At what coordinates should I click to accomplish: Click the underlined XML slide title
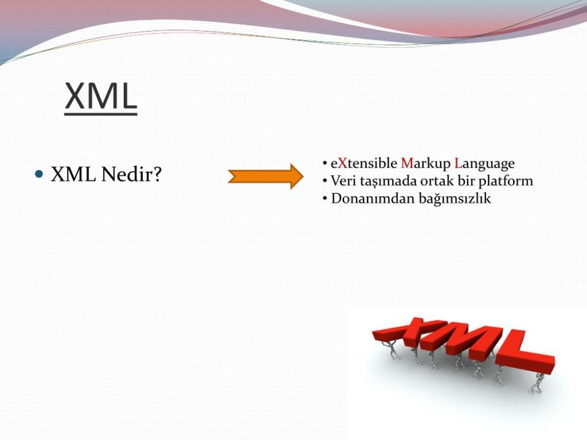point(101,97)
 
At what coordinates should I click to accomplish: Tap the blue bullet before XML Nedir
point(39,174)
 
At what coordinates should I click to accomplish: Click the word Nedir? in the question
point(131,174)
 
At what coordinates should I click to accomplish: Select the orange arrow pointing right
point(265,176)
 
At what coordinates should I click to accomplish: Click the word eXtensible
point(364,163)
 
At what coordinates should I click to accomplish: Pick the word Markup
point(426,164)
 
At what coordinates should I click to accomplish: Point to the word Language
point(484,164)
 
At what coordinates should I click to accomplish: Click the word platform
point(506,181)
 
